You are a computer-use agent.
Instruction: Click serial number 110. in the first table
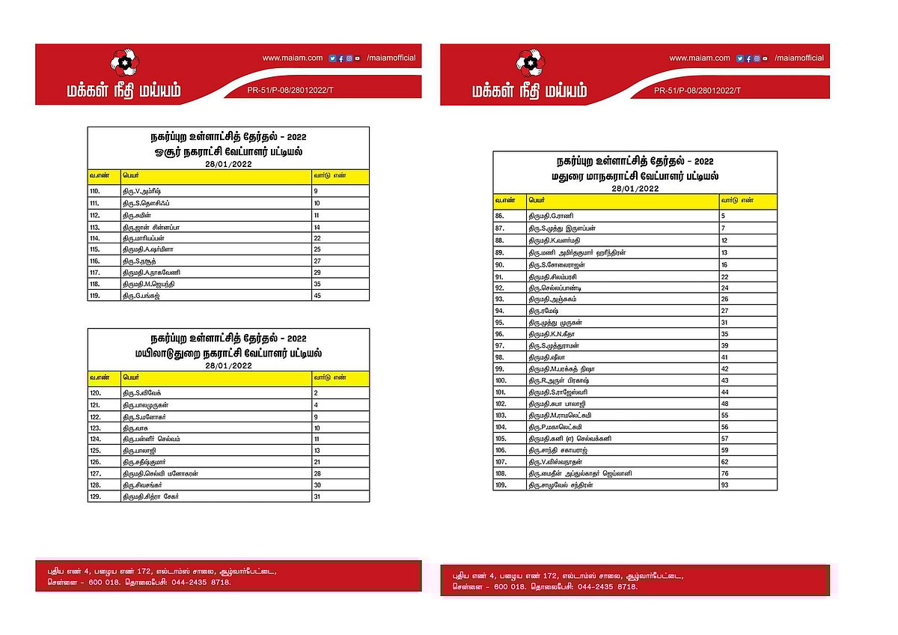click(95, 192)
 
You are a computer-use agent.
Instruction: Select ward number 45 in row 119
click(317, 296)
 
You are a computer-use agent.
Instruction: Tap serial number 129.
click(95, 497)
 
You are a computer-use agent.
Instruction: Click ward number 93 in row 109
click(725, 486)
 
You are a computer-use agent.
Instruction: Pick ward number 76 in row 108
click(725, 473)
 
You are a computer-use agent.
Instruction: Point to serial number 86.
click(501, 215)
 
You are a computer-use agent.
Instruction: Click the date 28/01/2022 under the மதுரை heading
click(634, 189)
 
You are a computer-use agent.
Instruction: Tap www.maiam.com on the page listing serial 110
click(293, 58)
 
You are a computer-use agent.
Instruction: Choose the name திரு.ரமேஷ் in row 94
click(544, 310)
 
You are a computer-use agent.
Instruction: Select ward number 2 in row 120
click(317, 392)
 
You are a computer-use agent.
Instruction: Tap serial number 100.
click(501, 380)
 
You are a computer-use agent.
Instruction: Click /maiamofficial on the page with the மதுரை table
click(799, 58)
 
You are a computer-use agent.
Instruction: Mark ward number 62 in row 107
click(725, 462)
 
